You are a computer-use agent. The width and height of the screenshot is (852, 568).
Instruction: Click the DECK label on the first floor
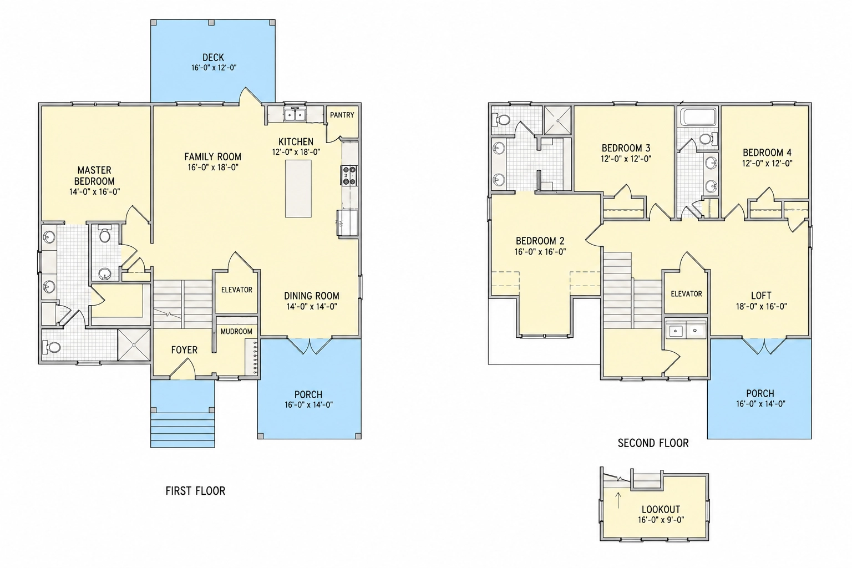click(214, 58)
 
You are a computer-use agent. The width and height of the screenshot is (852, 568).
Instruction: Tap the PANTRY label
click(342, 115)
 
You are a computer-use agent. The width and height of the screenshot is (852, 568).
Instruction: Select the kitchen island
click(298, 189)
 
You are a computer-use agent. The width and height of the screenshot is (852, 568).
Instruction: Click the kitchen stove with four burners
click(349, 176)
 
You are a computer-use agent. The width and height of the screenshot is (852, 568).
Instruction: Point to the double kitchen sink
click(295, 114)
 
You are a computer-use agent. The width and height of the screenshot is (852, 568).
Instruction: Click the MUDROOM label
click(236, 331)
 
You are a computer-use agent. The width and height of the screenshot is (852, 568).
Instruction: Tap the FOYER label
click(184, 350)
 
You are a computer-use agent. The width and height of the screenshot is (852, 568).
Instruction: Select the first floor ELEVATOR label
click(237, 290)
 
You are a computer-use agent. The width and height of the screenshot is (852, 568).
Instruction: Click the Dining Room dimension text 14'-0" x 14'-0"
click(312, 307)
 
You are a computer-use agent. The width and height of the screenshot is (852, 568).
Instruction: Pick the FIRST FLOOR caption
click(195, 491)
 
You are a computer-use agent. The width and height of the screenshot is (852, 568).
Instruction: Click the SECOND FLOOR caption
click(653, 443)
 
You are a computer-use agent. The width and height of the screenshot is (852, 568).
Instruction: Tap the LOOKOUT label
click(661, 509)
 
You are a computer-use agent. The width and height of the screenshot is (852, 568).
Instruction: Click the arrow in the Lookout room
click(618, 500)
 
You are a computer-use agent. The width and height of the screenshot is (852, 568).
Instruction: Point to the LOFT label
click(761, 296)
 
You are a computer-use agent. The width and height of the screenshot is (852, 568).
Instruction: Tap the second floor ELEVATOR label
click(686, 294)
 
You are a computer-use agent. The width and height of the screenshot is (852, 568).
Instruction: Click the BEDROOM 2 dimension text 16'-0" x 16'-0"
click(540, 251)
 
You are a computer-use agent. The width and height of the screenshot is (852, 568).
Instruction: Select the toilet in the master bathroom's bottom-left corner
click(52, 347)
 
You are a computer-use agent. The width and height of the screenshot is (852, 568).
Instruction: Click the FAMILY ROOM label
click(212, 157)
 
